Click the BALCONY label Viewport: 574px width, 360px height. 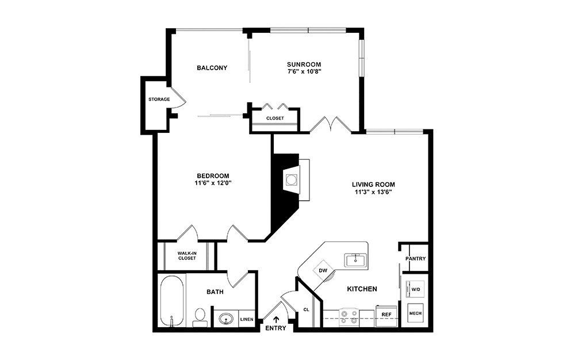pyautogui.click(x=212, y=68)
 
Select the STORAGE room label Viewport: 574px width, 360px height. pyautogui.click(x=159, y=99)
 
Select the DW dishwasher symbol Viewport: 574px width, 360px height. pyautogui.click(x=323, y=271)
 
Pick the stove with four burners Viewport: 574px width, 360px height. pyautogui.click(x=349, y=317)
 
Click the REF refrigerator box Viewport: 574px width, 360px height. pyautogui.click(x=386, y=315)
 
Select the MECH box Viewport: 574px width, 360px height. pyautogui.click(x=415, y=314)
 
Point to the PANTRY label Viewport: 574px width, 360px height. pyautogui.click(x=415, y=259)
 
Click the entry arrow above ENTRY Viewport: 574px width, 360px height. pyautogui.click(x=276, y=319)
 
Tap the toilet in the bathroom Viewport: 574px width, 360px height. pyautogui.click(x=200, y=317)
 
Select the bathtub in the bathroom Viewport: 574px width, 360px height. pyautogui.click(x=172, y=301)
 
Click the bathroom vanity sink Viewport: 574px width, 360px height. pyautogui.click(x=225, y=319)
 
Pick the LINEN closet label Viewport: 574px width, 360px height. pyautogui.click(x=247, y=319)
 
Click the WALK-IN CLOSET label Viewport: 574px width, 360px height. pyautogui.click(x=186, y=255)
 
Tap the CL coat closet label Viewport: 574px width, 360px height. pyautogui.click(x=306, y=309)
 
